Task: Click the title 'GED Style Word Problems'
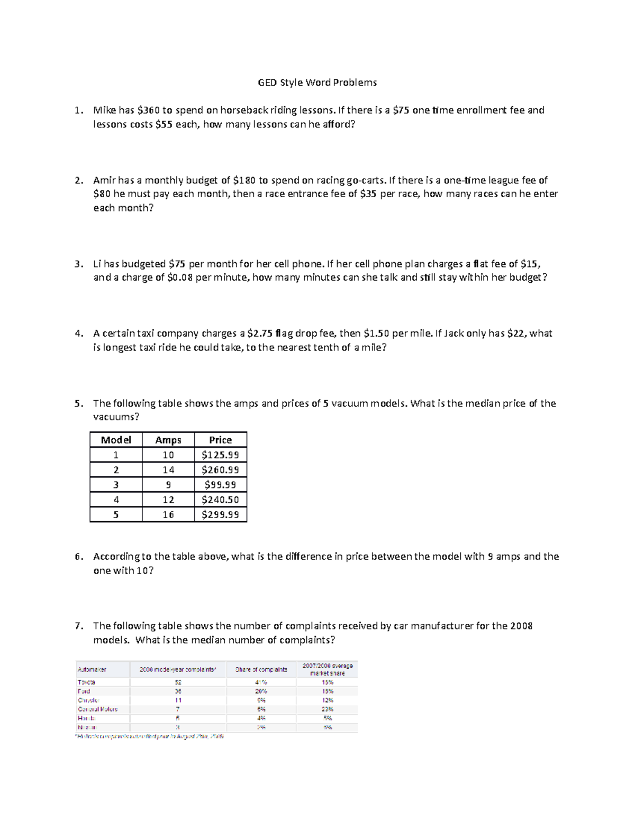click(x=317, y=82)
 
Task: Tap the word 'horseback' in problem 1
click(x=244, y=110)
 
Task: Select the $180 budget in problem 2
click(x=244, y=180)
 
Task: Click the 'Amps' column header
click(x=168, y=440)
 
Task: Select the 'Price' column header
click(x=220, y=440)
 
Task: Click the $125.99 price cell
click(x=220, y=455)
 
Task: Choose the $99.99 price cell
click(x=220, y=485)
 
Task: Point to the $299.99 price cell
click(x=220, y=515)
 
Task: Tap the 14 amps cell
click(x=168, y=470)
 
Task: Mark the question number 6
click(x=79, y=557)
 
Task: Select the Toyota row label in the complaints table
click(x=86, y=682)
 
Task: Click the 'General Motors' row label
click(x=98, y=709)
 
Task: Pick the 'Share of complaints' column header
click(x=261, y=669)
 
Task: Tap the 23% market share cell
click(x=328, y=709)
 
